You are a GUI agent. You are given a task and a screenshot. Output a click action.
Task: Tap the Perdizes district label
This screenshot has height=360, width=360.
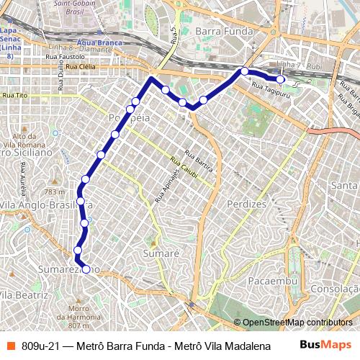click(x=246, y=204)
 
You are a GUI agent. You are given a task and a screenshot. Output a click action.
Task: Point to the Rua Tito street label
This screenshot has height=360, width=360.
click(x=14, y=95)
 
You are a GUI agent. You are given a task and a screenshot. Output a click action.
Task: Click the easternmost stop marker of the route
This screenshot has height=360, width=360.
click(x=281, y=80)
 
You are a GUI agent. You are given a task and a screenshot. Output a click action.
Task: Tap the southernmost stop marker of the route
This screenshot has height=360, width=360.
click(x=86, y=269)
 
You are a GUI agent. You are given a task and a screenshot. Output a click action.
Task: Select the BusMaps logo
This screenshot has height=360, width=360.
click(x=325, y=345)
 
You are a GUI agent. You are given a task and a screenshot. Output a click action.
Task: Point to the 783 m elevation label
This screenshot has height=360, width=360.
click(x=54, y=192)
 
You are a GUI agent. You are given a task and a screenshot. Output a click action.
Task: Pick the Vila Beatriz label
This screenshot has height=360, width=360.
click(x=23, y=295)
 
